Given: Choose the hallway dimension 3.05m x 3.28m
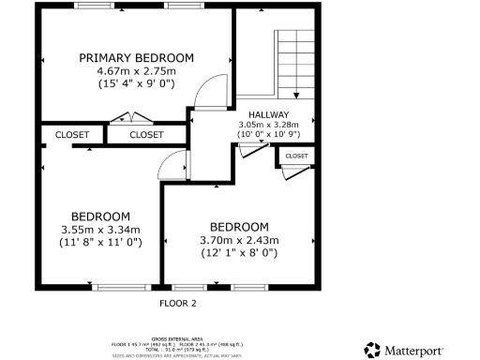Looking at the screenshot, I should point(268,124).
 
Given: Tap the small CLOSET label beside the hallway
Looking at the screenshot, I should point(296,156).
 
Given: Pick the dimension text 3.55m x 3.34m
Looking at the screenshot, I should point(99,229).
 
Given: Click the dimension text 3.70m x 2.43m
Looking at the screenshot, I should point(239,240).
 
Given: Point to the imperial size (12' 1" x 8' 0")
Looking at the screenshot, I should point(239,252).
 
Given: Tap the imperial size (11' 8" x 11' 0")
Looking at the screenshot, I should point(99,242).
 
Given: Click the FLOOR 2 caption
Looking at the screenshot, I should point(177,304).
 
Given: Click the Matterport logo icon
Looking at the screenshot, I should point(372,350).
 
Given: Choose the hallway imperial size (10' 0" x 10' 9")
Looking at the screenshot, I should point(268,133).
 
